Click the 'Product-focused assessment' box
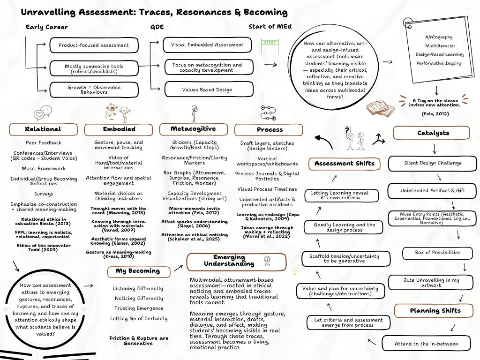[94, 45]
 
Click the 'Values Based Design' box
[207, 90]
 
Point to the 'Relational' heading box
[43, 129]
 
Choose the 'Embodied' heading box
[119, 129]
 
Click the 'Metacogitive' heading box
[193, 129]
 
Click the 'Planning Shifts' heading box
[435, 311]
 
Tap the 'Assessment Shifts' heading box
[344, 164]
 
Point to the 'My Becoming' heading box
[137, 271]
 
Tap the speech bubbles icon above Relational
[43, 112]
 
